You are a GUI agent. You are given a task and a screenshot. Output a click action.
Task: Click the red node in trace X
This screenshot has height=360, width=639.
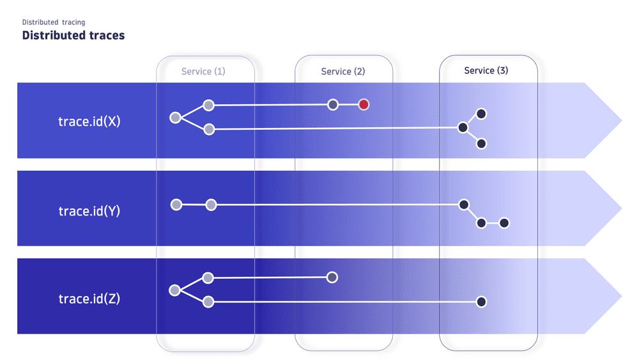pyautogui.click(x=364, y=104)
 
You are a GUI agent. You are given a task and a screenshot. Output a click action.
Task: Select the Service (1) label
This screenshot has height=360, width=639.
pyautogui.click(x=203, y=72)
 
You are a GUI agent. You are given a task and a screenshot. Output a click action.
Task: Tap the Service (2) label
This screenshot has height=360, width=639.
pyautogui.click(x=343, y=72)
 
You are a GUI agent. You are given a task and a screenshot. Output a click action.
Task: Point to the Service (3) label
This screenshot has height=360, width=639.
pyautogui.click(x=486, y=70)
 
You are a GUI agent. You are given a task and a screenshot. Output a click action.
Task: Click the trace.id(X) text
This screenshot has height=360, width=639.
pyautogui.click(x=89, y=121)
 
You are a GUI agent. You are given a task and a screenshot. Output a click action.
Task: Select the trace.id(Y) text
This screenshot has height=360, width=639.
pyautogui.click(x=89, y=210)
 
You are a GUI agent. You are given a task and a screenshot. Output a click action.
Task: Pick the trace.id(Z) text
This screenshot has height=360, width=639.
pyautogui.click(x=89, y=299)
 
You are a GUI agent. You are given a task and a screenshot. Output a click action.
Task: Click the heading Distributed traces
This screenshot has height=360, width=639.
pyautogui.click(x=73, y=35)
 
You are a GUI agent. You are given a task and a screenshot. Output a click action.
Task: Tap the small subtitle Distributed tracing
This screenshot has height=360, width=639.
pyautogui.click(x=54, y=22)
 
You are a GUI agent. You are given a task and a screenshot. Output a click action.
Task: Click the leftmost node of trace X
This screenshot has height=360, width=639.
pyautogui.click(x=175, y=118)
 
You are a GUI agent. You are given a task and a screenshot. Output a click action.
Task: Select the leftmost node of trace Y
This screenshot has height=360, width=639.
pyautogui.click(x=176, y=205)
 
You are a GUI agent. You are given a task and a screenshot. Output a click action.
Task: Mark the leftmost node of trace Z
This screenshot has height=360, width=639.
pyautogui.click(x=174, y=290)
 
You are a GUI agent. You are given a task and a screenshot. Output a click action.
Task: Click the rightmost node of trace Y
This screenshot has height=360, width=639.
pyautogui.click(x=504, y=223)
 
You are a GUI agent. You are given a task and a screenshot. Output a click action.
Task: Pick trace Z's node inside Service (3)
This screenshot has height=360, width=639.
pyautogui.click(x=481, y=302)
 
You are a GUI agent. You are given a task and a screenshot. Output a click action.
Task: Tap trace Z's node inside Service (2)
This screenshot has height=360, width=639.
pyautogui.click(x=332, y=277)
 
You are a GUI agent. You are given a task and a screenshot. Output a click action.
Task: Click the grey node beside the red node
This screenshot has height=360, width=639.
pyautogui.click(x=332, y=104)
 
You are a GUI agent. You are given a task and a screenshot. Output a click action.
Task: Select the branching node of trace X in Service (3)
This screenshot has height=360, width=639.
pyautogui.click(x=463, y=128)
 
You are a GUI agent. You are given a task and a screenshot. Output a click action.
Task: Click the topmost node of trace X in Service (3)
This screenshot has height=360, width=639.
pyautogui.click(x=482, y=114)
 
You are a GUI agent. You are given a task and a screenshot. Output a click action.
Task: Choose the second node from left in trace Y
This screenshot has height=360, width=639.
pyautogui.click(x=211, y=205)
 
